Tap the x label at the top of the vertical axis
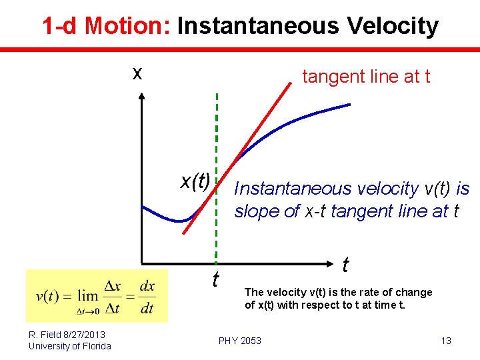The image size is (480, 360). pos(137,74)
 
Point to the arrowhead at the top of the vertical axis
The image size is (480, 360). pos(142,97)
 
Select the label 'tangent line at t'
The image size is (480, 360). pos(366,77)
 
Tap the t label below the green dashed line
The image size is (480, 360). pos(215,279)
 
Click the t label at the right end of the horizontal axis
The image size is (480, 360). pos(345,265)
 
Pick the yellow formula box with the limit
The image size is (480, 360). pos(97,295)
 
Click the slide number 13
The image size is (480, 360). pos(446,341)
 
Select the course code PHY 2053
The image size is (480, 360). pos(240,341)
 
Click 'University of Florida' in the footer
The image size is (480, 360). pos(69,345)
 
